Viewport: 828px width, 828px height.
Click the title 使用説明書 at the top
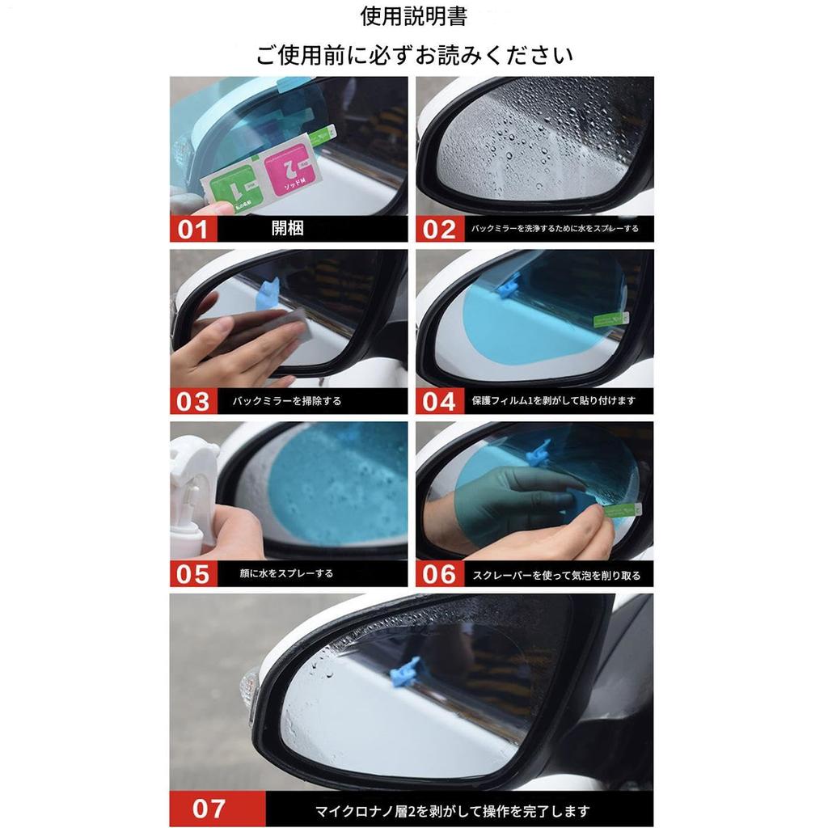coord(414,16)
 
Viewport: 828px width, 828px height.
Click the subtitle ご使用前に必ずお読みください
coord(414,55)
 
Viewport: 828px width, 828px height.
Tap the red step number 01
coord(193,229)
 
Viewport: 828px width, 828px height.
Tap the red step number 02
coord(440,229)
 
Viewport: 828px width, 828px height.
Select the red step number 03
coord(193,401)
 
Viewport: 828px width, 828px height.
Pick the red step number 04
coord(440,401)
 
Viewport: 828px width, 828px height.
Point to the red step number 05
coord(193,573)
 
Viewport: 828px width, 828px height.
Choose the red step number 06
coord(440,573)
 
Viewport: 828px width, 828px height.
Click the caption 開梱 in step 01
coord(287,229)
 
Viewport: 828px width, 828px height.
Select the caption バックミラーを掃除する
coord(287,401)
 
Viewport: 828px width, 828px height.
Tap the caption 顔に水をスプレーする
coord(286,573)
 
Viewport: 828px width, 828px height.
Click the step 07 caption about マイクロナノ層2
coord(453,810)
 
